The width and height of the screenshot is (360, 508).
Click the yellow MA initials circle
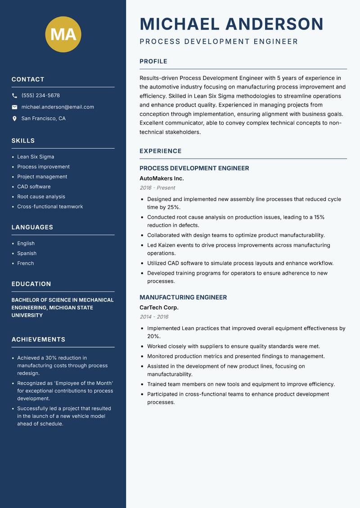pyautogui.click(x=63, y=34)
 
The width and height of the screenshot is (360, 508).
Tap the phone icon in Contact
pyautogui.click(x=15, y=96)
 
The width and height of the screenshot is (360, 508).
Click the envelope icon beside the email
pyautogui.click(x=15, y=107)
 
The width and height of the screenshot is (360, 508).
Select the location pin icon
pyautogui.click(x=15, y=119)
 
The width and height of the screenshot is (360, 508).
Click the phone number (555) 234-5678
pyautogui.click(x=40, y=96)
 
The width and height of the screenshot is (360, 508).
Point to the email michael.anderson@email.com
pyautogui.click(x=58, y=107)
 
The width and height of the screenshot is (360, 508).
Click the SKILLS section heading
pyautogui.click(x=23, y=141)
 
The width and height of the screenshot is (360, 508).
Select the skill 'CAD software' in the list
pyautogui.click(x=34, y=187)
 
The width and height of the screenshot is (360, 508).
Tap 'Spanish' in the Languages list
pyautogui.click(x=27, y=253)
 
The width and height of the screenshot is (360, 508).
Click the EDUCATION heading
pyautogui.click(x=31, y=284)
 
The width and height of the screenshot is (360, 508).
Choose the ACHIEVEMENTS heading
pyautogui.click(x=38, y=339)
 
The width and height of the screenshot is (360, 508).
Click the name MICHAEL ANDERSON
pyautogui.click(x=232, y=24)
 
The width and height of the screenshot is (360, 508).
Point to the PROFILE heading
pyautogui.click(x=153, y=62)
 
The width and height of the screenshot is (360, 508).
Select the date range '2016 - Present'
pyautogui.click(x=157, y=188)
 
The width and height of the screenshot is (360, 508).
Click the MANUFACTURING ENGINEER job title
pyautogui.click(x=183, y=297)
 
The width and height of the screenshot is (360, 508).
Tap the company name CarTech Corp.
pyautogui.click(x=159, y=307)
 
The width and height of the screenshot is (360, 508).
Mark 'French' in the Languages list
pyautogui.click(x=26, y=263)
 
